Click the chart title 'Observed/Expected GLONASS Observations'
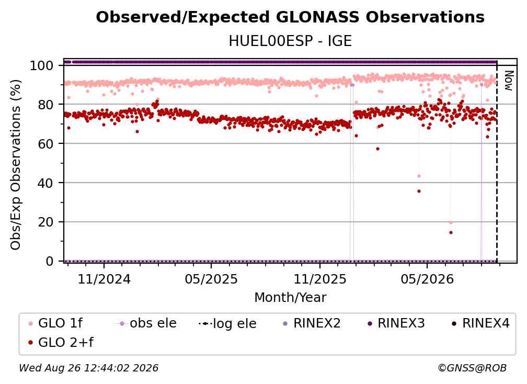(290, 17)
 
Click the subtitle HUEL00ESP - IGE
(290, 41)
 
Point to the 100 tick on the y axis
(42, 65)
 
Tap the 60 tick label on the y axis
(45, 144)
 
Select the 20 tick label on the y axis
(45, 222)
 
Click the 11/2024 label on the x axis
(104, 279)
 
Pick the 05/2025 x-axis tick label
(211, 279)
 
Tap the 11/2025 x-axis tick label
(319, 279)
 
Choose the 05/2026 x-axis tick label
(427, 279)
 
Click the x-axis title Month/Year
(290, 298)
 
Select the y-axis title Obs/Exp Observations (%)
(16, 165)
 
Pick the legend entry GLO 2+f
(61, 343)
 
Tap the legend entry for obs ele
(146, 323)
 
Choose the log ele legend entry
(227, 323)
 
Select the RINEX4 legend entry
(480, 323)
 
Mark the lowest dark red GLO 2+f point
(451, 233)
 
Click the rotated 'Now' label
(509, 81)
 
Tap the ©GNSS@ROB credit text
(472, 368)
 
